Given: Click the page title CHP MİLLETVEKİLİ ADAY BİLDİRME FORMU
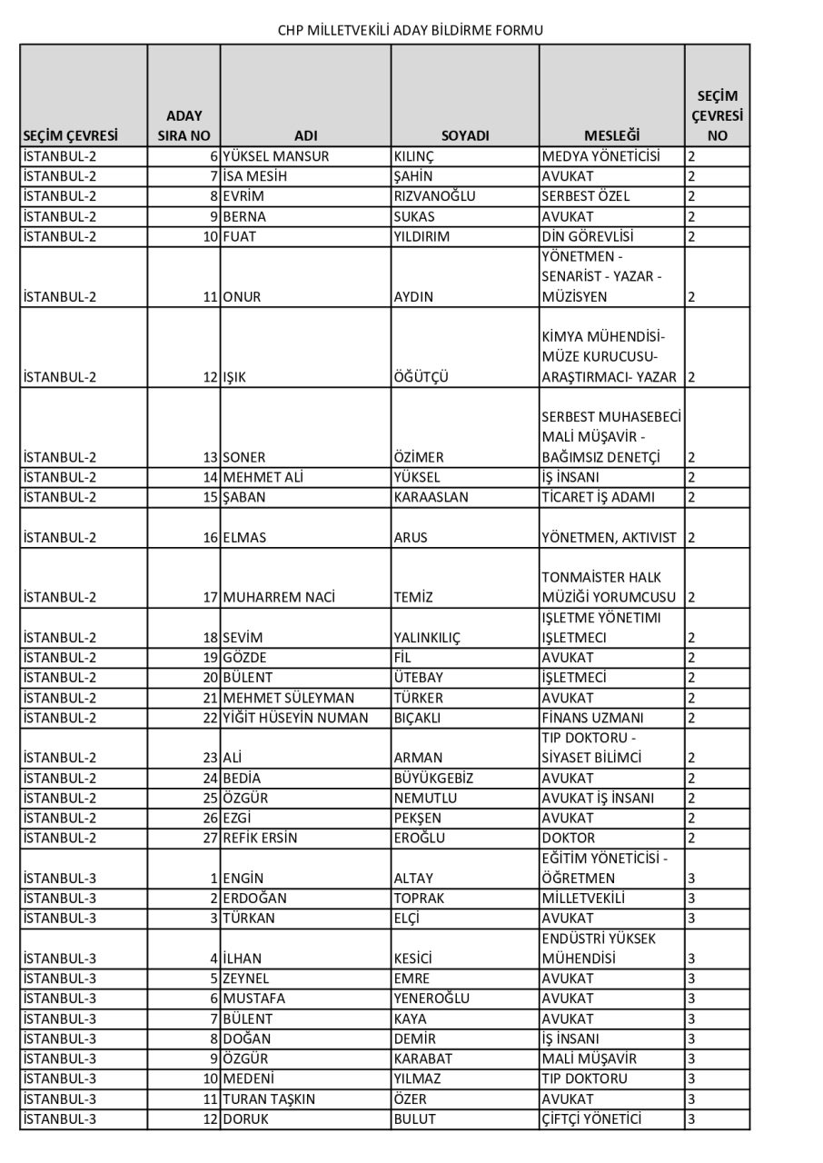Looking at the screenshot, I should pyautogui.click(x=411, y=30).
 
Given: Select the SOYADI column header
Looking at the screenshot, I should pyautogui.click(x=465, y=135).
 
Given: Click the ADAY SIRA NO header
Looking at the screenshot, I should pyautogui.click(x=183, y=126).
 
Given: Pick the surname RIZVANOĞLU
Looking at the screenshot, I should pyautogui.click(x=435, y=196).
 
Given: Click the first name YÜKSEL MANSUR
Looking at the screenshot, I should pyautogui.click(x=275, y=156).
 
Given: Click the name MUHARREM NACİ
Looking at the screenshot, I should pyautogui.click(x=279, y=597).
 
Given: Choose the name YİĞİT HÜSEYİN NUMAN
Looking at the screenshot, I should pyautogui.click(x=295, y=718).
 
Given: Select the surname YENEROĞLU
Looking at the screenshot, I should pyautogui.click(x=431, y=998).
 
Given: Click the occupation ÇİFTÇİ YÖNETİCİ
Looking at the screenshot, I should pyautogui.click(x=591, y=1118).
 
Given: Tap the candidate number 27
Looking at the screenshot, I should pyautogui.click(x=211, y=838).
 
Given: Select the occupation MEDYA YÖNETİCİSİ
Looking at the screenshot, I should pyautogui.click(x=600, y=156).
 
